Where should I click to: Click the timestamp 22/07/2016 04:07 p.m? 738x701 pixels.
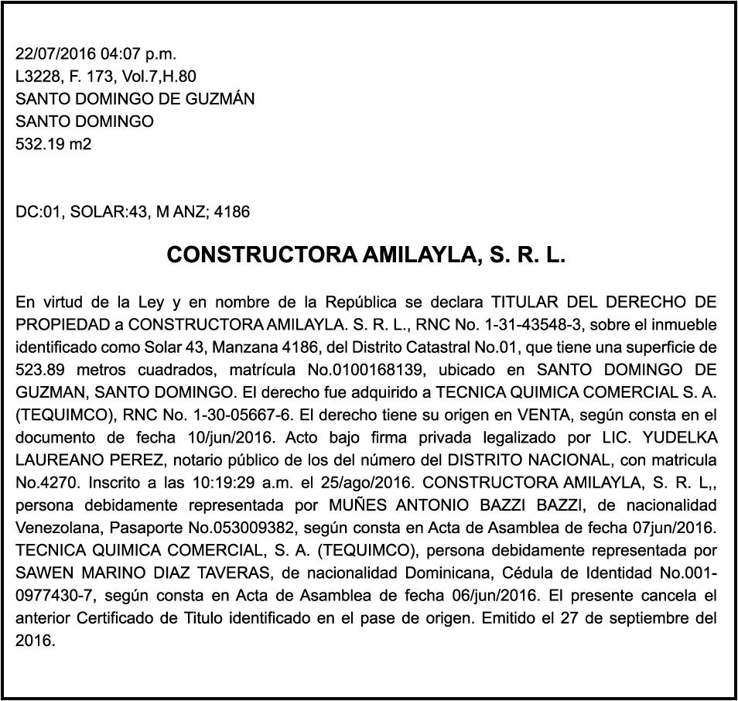pyautogui.click(x=96, y=54)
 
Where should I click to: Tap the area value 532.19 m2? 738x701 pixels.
pyautogui.click(x=53, y=143)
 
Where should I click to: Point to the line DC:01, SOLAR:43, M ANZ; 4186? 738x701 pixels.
pyautogui.click(x=132, y=211)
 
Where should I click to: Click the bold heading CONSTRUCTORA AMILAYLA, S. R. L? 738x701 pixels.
pyautogui.click(x=366, y=255)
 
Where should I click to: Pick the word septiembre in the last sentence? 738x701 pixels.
pyautogui.click(x=648, y=618)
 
